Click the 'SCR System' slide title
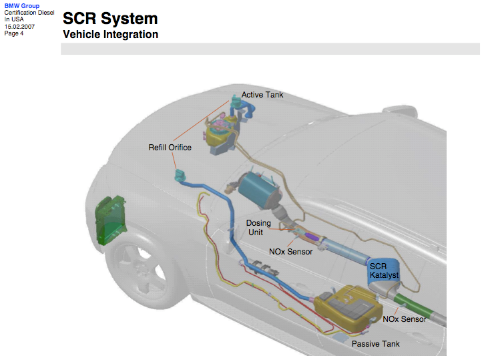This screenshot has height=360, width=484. click(110, 19)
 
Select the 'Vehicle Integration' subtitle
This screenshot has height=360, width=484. click(110, 34)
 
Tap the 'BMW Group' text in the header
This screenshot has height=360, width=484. click(21, 6)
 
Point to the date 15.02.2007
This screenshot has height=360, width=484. click(19, 26)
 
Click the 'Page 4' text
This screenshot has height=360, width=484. click(14, 33)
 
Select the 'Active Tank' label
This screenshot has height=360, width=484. click(262, 95)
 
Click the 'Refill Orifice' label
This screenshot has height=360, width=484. click(170, 148)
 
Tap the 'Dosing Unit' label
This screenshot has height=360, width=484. click(258, 228)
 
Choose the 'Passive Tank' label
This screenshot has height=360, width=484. click(376, 343)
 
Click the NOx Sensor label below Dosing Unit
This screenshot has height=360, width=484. click(290, 252)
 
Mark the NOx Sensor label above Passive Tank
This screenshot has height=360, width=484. click(404, 319)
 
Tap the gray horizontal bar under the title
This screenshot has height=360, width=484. click(270, 49)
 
